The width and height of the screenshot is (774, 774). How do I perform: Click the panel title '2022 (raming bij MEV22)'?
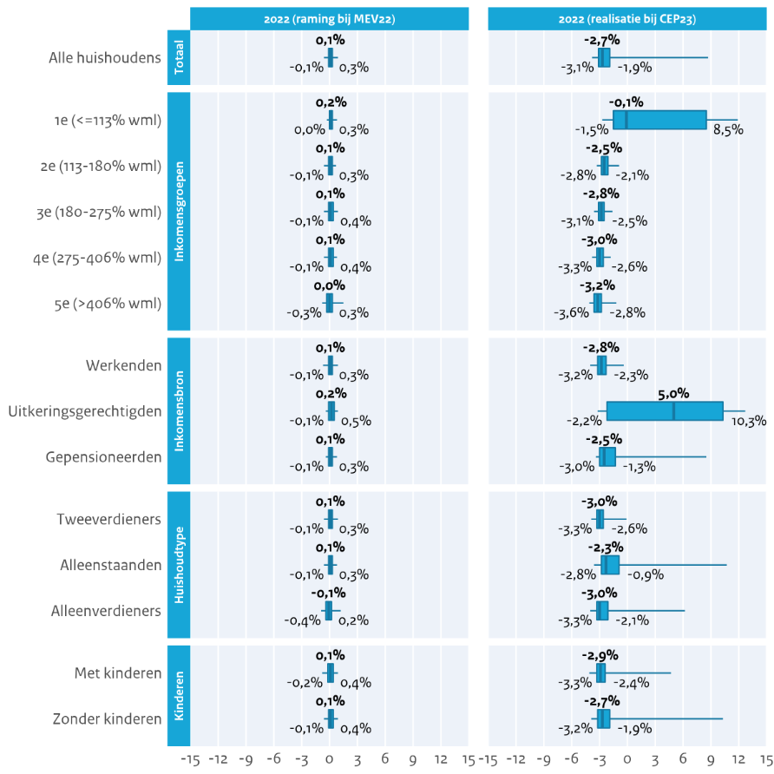coord(329,18)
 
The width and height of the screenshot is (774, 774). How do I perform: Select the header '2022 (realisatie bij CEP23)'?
coord(628,18)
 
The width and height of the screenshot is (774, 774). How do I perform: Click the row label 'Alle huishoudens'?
coord(106,58)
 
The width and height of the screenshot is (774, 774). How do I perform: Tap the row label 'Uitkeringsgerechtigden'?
coord(84,410)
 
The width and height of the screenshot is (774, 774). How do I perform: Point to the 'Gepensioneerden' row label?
coord(103,456)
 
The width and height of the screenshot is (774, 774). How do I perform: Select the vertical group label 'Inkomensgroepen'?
coord(178,212)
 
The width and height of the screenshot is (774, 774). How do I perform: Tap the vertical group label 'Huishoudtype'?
coord(178,564)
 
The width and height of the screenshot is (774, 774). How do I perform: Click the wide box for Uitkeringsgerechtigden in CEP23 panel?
coord(665,411)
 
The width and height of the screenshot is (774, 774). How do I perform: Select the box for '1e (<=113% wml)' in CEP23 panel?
coord(659,120)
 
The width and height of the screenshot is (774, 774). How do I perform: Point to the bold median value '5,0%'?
coord(673,393)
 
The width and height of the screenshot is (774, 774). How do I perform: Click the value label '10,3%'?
coord(749,422)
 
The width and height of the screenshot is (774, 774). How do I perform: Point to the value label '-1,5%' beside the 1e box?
coord(591,130)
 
